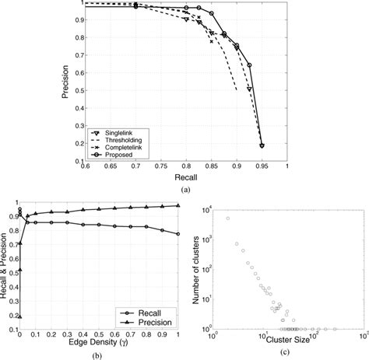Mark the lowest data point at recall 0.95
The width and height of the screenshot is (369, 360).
[262, 145]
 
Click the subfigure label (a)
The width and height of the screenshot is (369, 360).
[184, 189]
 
